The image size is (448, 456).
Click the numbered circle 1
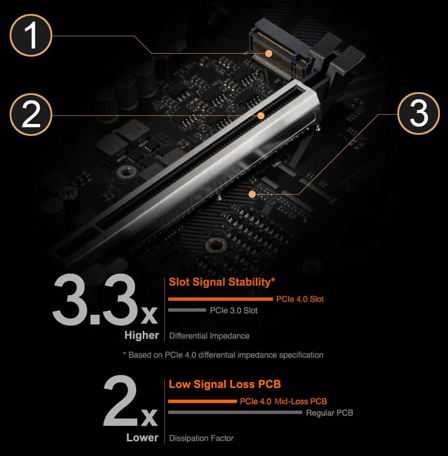[31, 35]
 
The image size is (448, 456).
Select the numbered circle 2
[31, 114]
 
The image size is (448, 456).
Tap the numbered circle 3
[418, 113]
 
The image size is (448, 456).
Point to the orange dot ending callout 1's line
[269, 53]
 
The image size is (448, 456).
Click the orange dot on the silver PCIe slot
[261, 116]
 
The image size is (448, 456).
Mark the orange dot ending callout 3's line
[252, 194]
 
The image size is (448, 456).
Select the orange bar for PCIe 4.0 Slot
[221, 299]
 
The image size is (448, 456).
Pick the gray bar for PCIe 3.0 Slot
[187, 310]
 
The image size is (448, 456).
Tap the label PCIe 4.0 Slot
[300, 299]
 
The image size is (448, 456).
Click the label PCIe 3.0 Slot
[234, 310]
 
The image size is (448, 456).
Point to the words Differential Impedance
[209, 336]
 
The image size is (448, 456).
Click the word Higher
[142, 335]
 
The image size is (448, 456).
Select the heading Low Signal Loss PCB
[225, 384]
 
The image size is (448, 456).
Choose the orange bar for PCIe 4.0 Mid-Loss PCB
[202, 402]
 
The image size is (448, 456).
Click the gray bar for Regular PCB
[235, 412]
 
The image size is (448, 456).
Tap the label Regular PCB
[330, 413]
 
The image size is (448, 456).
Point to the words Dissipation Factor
[201, 438]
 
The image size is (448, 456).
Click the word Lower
[142, 437]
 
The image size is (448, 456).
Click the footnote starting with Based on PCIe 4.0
[223, 355]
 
